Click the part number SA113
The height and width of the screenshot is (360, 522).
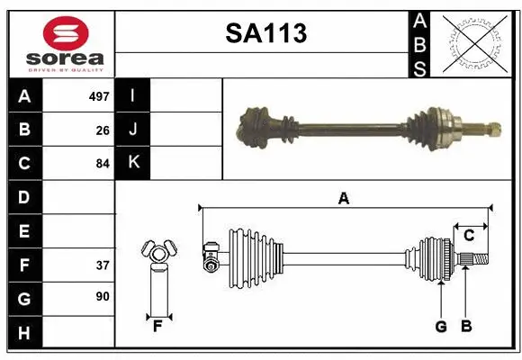[x=265, y=34]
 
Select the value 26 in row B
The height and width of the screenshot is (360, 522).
[x=102, y=130]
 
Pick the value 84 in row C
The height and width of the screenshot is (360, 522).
[x=102, y=164]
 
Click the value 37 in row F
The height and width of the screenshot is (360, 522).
[x=102, y=265]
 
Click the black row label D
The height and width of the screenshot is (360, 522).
[x=24, y=197]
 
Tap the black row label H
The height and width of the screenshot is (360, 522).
[x=24, y=333]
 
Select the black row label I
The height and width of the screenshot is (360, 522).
[x=133, y=95]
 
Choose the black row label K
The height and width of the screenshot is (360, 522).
[x=133, y=163]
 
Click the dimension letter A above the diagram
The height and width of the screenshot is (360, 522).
[x=343, y=199]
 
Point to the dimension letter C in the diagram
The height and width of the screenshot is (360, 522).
[x=469, y=237]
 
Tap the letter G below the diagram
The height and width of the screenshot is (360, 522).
[x=440, y=327]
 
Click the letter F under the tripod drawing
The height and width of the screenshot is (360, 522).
[x=157, y=326]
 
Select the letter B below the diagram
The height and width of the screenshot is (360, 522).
[x=465, y=327]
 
